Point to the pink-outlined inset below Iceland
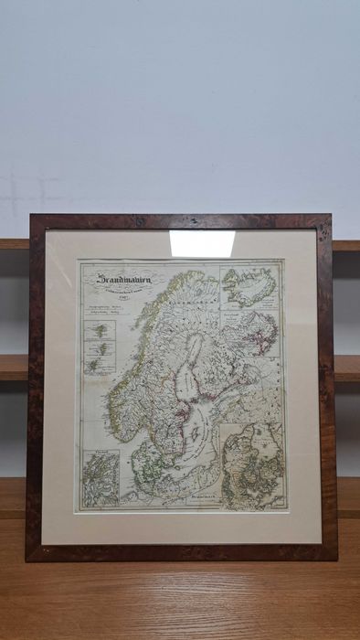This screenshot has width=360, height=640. tap(251, 334)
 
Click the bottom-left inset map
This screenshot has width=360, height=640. tap(101, 478)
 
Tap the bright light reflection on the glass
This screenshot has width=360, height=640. tap(202, 243)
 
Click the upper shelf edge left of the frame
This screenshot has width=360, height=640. tap(14, 244)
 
